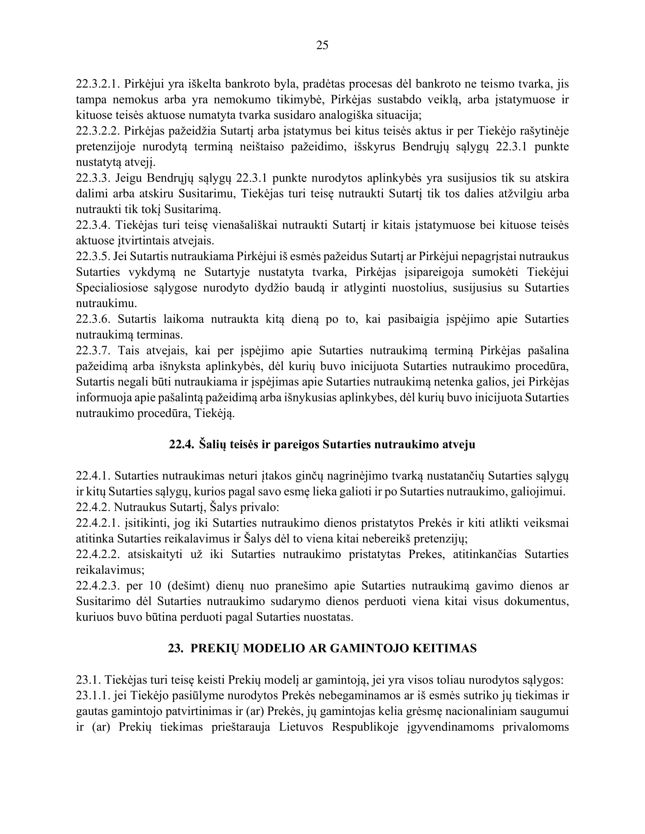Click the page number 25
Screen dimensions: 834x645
click(322, 45)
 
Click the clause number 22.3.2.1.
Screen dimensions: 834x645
click(98, 84)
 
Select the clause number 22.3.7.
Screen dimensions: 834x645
click(93, 350)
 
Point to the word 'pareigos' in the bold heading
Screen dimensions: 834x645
click(295, 445)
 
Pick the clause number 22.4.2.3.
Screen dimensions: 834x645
click(98, 585)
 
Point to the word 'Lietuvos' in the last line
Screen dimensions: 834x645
click(301, 727)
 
